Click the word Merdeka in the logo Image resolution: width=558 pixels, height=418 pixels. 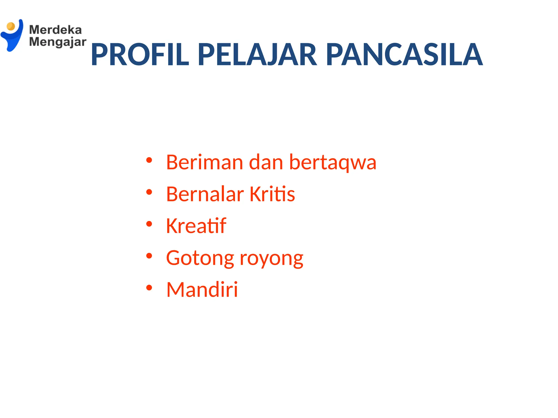[55, 30]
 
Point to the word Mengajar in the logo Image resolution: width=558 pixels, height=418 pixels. [57, 42]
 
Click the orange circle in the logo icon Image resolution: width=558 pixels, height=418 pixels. [11, 26]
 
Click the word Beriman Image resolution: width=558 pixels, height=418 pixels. [204, 162]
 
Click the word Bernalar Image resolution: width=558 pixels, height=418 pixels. [205, 194]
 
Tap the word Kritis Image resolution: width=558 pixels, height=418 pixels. [272, 194]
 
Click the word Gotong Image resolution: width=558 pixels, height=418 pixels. [200, 258]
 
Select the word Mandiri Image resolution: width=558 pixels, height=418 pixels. [202, 289]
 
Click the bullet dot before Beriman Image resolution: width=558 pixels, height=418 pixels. [149, 160]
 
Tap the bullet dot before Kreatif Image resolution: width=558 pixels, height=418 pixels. [149, 224]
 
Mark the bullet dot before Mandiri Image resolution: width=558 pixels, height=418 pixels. [149, 288]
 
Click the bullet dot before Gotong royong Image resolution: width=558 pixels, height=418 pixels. [149, 256]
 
